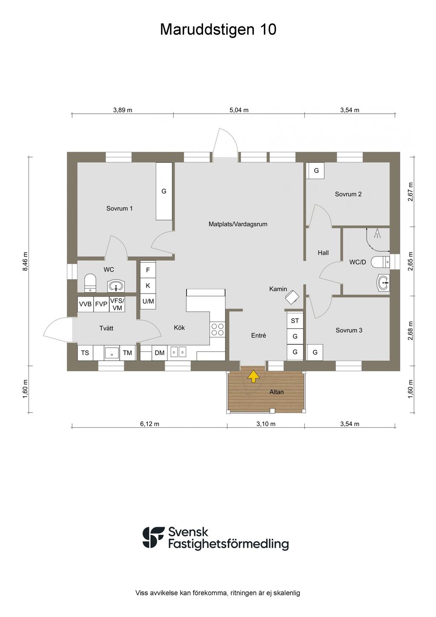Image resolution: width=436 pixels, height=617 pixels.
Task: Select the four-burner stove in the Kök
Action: tap(218, 329)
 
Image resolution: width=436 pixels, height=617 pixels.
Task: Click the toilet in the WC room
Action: tap(90, 283)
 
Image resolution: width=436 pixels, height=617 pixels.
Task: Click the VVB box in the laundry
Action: tap(85, 304)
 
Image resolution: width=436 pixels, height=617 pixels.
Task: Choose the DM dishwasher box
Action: tap(160, 353)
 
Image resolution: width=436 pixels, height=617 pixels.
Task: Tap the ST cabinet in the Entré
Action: tap(295, 320)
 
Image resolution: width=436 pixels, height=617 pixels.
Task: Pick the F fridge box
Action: tap(148, 270)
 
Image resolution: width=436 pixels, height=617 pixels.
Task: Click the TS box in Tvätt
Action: tap(85, 353)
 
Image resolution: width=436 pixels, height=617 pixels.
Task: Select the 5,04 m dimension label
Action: tap(239, 110)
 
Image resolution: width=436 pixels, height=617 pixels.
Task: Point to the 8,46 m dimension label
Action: tap(25, 261)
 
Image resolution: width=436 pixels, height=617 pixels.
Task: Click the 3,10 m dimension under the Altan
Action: tap(266, 424)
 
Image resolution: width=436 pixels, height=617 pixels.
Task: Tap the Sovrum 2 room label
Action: tap(348, 194)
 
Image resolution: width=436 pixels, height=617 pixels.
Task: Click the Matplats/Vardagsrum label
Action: tap(238, 224)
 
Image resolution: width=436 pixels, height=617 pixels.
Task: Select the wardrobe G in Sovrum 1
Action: tap(164, 191)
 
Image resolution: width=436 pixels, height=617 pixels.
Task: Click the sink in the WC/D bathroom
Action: tap(384, 283)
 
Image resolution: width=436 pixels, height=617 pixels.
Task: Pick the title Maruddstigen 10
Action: tap(218, 29)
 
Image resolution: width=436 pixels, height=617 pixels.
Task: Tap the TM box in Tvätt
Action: tap(127, 353)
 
